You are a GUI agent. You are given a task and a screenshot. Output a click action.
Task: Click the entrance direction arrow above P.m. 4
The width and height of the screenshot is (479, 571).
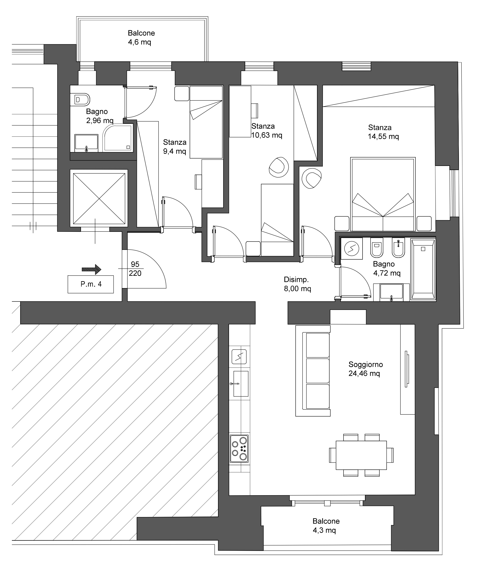pyautogui.click(x=92, y=270)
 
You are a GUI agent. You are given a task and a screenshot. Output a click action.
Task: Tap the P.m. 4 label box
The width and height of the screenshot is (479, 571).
pyautogui.click(x=91, y=284)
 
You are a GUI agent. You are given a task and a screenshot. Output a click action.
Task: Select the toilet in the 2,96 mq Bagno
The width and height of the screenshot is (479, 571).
pyautogui.click(x=80, y=100)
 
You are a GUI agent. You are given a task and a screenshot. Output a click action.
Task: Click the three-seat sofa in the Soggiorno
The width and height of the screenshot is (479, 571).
pyautogui.click(x=313, y=371)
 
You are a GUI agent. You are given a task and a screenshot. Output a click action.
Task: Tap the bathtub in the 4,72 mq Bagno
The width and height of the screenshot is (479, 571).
pyautogui.click(x=423, y=269)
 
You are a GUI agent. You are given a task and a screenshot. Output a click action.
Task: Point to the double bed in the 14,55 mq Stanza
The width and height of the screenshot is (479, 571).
pyautogui.click(x=383, y=194)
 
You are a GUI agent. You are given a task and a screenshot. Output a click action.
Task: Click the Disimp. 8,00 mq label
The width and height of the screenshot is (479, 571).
pyautogui.click(x=297, y=284)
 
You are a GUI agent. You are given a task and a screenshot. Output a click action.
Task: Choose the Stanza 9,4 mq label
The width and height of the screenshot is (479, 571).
pyautogui.click(x=175, y=147)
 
